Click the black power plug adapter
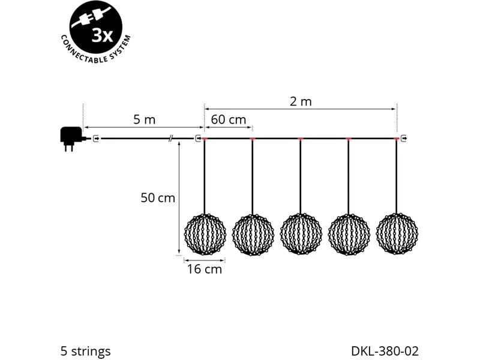click(x=71, y=139)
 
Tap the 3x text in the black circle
click(x=103, y=37)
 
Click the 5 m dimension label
click(x=144, y=119)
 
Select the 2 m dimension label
click(x=301, y=101)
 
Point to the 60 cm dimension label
click(x=229, y=119)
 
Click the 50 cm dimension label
click(x=158, y=198)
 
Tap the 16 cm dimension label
click(x=205, y=269)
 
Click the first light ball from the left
click(x=205, y=234)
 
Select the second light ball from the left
click(x=253, y=235)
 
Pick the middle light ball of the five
click(x=301, y=234)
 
